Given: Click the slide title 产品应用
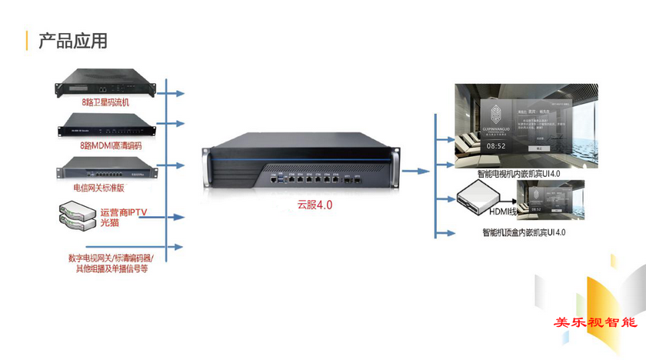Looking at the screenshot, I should (73, 41).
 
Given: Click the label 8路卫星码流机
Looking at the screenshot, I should (105, 102).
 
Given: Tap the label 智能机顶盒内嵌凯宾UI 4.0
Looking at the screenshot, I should (524, 232).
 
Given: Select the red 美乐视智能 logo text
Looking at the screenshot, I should (596, 322).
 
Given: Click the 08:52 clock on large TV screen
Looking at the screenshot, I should (495, 145).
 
